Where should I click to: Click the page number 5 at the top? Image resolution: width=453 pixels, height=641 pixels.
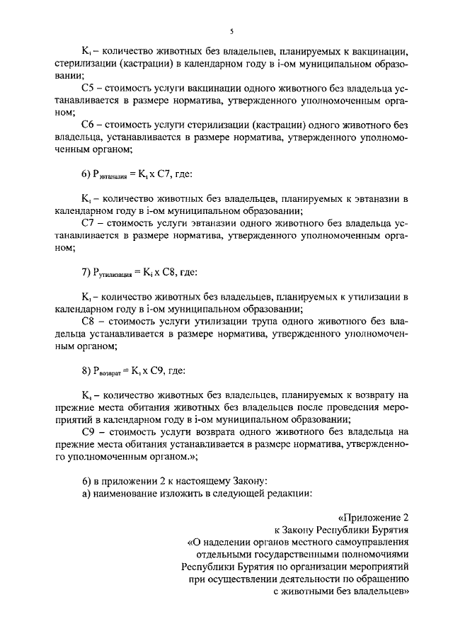231,31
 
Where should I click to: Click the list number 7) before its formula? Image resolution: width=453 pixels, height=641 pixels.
86,271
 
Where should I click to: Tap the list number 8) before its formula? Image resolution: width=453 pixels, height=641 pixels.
86,369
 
